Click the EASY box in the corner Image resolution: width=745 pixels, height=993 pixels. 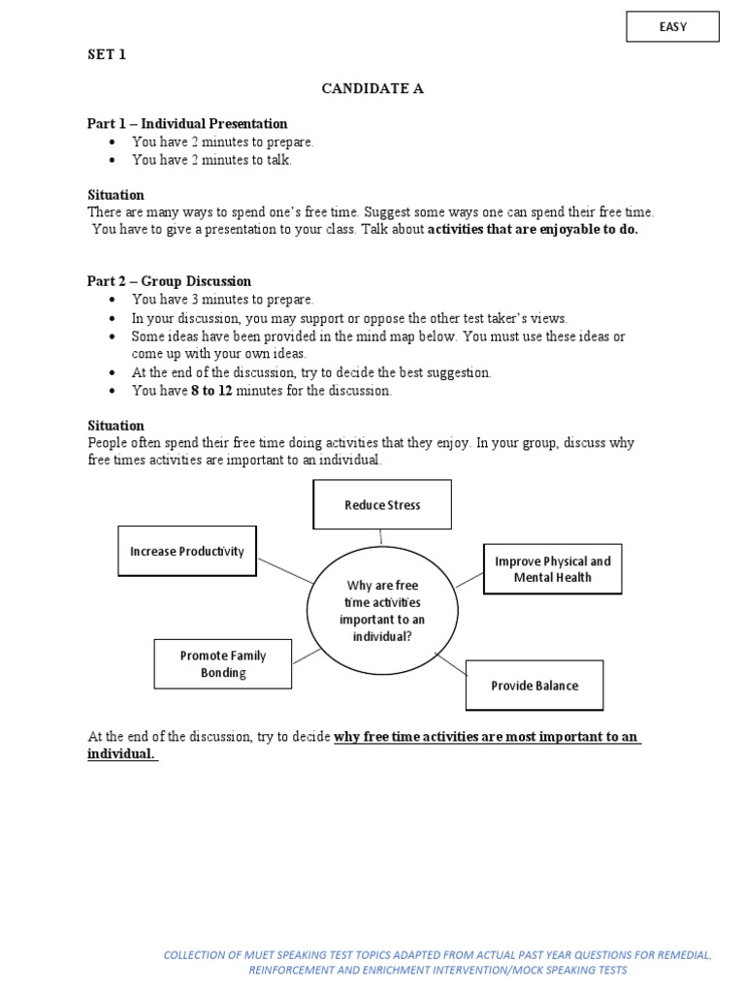(x=672, y=27)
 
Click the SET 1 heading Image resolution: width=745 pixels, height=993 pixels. (x=107, y=55)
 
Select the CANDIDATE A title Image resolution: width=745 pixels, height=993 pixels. (x=372, y=89)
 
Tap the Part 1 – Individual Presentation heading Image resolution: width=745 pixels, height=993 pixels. (x=187, y=124)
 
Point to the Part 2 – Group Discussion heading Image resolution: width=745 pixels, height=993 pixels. (x=169, y=281)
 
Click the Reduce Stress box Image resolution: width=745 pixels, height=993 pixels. (x=382, y=505)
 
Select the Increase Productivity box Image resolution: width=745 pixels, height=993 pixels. (x=187, y=552)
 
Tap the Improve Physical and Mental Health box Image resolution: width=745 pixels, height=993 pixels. (x=552, y=569)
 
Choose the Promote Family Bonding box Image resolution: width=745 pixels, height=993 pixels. (x=223, y=664)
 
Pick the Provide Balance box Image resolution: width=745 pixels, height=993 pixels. (x=534, y=686)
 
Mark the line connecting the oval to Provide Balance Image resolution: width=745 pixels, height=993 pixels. (x=450, y=665)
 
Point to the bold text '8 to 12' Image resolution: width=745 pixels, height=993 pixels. (x=212, y=391)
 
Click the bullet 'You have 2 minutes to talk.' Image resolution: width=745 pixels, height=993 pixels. (x=211, y=161)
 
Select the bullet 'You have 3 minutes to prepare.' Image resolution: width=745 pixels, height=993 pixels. (x=223, y=300)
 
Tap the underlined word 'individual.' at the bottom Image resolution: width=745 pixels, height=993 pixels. (x=121, y=754)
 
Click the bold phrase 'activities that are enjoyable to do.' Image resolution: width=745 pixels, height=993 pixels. (x=533, y=230)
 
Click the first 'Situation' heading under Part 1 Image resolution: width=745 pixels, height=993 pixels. (x=115, y=195)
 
